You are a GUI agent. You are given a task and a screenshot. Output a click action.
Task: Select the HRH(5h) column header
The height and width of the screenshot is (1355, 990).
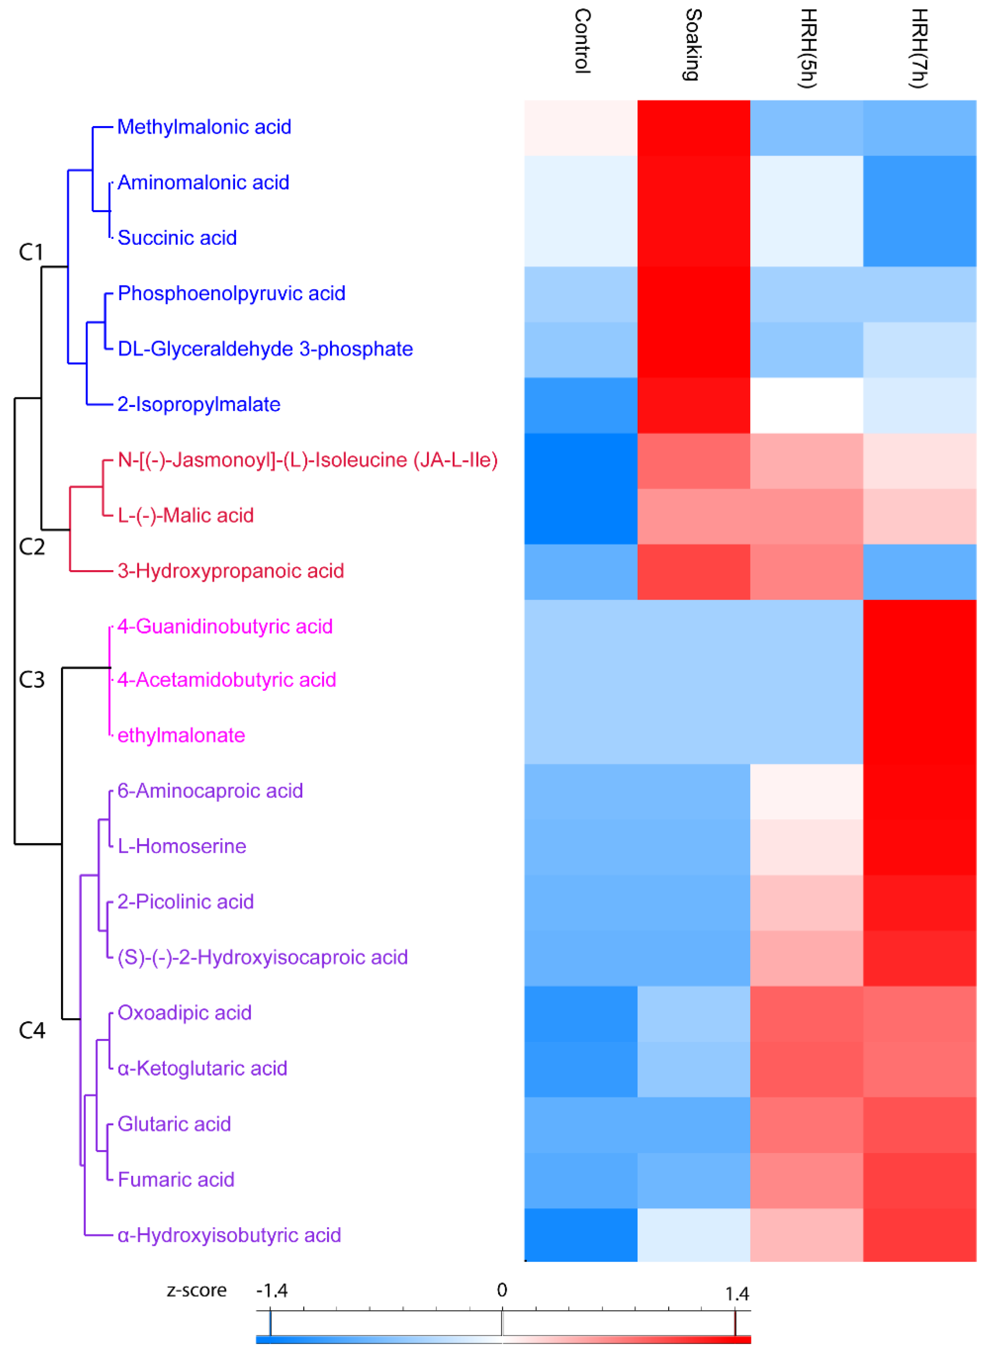point(808,48)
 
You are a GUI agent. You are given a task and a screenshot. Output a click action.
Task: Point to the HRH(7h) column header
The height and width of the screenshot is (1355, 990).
point(919,48)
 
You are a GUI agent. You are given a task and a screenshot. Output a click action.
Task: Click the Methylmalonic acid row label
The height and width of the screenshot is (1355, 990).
point(204,127)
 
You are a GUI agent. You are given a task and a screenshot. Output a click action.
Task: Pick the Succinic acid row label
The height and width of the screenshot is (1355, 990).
point(177,238)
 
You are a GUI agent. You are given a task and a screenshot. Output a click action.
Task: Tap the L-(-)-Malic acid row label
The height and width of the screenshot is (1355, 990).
point(185,515)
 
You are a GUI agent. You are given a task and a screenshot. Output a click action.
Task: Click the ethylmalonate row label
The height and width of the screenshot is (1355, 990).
point(181,735)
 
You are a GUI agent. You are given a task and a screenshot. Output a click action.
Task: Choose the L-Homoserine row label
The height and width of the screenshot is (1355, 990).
point(182,846)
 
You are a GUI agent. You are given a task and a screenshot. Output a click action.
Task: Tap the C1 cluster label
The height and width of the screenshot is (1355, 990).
point(31,252)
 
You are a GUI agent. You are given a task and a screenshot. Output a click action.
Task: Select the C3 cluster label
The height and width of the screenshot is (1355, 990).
point(32,679)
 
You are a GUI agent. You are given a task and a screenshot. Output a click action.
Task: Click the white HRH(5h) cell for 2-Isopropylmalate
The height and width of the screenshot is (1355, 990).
point(807,405)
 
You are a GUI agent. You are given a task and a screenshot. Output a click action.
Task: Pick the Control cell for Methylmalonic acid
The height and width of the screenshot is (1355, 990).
point(581,128)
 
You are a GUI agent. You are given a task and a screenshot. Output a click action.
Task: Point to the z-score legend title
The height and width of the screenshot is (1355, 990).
point(197,1290)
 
